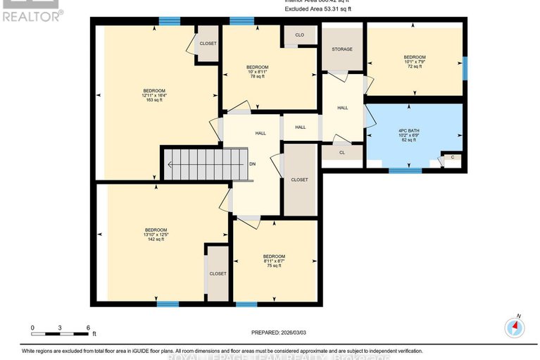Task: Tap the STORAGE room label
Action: coord(342,49)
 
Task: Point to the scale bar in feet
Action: coord(60,328)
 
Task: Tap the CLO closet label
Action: coord(299,35)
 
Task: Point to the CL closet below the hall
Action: coord(342,152)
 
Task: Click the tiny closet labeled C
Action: coord(452,157)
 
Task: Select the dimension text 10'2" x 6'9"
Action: coord(413,136)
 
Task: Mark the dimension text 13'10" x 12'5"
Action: coord(156,235)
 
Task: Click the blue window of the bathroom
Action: coord(405,170)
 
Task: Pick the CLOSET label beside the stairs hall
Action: coord(299,180)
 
